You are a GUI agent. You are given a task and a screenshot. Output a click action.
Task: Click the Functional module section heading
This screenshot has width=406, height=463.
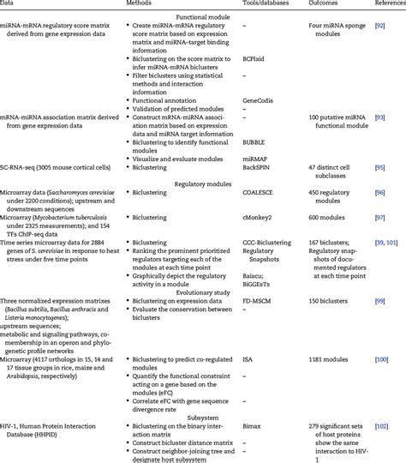[x=199, y=16]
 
